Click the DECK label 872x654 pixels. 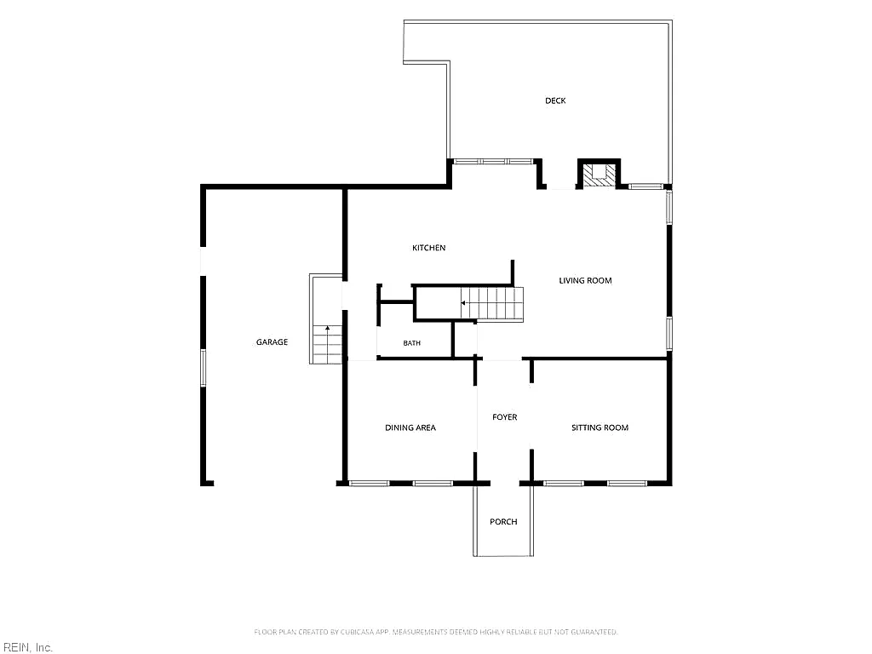(x=555, y=100)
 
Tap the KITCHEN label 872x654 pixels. (x=429, y=248)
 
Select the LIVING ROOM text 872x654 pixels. (x=585, y=281)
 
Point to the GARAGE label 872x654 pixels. (x=272, y=342)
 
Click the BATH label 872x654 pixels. (x=411, y=343)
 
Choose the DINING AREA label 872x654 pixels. (x=410, y=427)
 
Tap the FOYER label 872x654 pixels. (x=504, y=417)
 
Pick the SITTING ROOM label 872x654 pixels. (x=600, y=427)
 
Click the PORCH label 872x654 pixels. (x=503, y=522)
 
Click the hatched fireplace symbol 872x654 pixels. (x=599, y=174)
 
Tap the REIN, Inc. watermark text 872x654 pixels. (x=26, y=647)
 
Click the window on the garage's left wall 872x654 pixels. (x=203, y=368)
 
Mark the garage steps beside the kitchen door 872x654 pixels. (x=327, y=345)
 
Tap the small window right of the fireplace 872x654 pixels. (x=645, y=186)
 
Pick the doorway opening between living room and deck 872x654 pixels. (x=560, y=186)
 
